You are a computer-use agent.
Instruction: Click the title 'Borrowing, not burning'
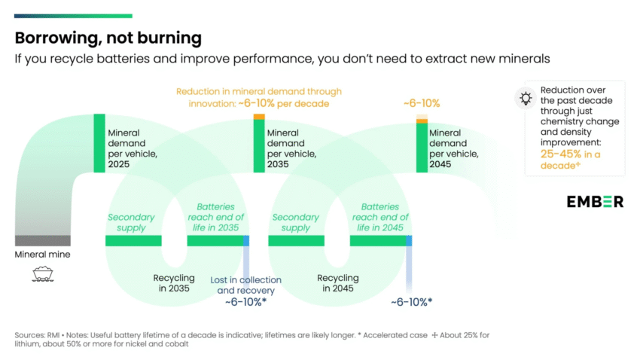(108, 38)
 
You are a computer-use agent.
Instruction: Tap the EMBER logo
(595, 201)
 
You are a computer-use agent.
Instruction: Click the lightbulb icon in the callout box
(526, 98)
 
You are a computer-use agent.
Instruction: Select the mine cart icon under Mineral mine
(42, 274)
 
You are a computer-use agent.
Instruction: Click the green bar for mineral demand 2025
(98, 142)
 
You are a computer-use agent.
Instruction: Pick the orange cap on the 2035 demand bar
(258, 117)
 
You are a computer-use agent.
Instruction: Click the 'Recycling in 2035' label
(174, 282)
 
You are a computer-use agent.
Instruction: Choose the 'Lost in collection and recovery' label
(246, 285)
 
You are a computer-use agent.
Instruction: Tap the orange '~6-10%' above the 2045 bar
(421, 103)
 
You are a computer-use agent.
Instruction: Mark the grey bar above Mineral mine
(43, 240)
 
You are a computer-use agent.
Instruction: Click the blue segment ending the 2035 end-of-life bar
(246, 240)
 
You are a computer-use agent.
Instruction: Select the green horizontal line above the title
(74, 16)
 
